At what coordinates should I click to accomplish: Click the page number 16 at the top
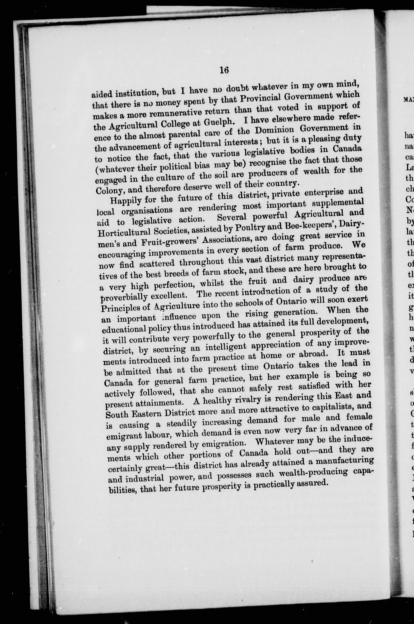pyautogui.click(x=224, y=70)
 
